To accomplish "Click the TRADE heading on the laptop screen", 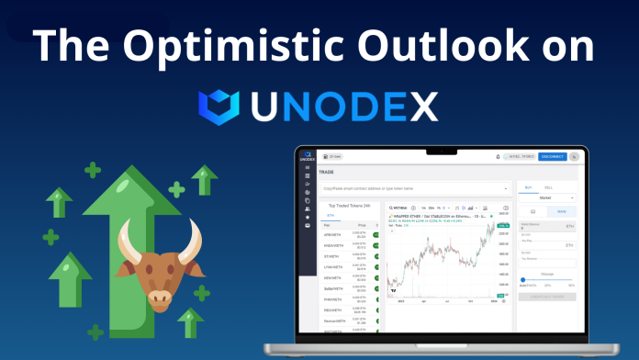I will (327, 172).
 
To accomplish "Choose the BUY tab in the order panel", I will (527, 187).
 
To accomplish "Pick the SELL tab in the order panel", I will (549, 187).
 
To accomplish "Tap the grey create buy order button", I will (548, 296).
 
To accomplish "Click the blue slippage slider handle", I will (523, 279).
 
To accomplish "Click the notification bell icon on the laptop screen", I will (499, 157).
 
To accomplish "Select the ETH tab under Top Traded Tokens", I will (331, 216).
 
